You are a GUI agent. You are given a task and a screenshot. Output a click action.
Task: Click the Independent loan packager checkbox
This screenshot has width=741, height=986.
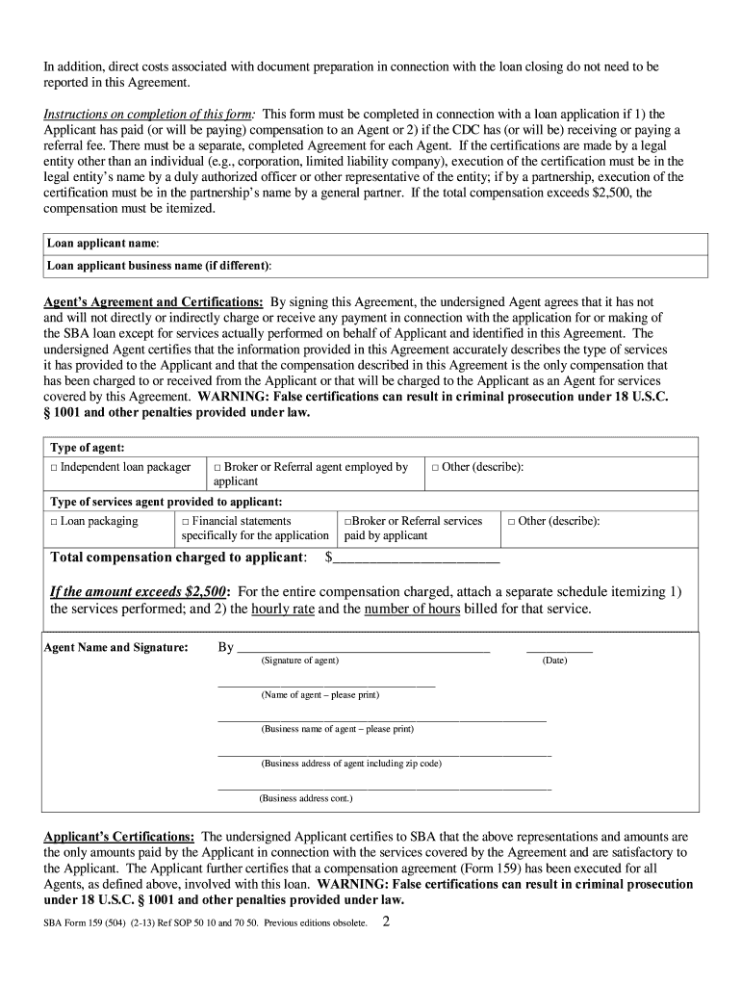point(54,467)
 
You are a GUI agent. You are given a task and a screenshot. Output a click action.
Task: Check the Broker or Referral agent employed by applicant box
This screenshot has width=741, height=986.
point(217,467)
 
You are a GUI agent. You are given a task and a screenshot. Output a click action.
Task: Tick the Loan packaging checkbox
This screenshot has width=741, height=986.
point(54,521)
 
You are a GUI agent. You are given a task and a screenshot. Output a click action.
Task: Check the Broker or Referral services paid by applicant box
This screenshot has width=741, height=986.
point(347,521)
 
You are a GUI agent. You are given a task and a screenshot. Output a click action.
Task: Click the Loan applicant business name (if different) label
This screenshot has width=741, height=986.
point(159,264)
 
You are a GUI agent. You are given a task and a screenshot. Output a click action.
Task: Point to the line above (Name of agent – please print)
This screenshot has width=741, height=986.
point(326,685)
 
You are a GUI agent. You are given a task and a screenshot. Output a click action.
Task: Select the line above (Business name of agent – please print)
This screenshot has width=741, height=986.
point(382,719)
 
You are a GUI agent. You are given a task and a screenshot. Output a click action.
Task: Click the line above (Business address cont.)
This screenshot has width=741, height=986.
point(384,789)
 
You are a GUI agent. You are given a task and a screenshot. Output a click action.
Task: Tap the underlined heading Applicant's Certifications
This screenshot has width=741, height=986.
point(119,837)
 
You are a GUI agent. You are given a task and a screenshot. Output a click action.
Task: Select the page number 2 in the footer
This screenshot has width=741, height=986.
point(386,921)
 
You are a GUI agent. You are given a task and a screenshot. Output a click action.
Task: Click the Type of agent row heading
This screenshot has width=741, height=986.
point(87,448)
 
